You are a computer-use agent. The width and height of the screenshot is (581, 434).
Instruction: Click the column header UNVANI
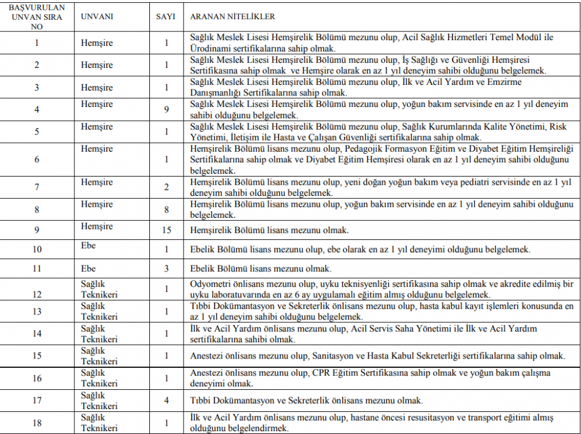click(x=97, y=17)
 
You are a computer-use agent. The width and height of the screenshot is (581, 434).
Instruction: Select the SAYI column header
click(x=166, y=17)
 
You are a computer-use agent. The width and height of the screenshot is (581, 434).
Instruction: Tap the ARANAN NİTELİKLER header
click(x=233, y=17)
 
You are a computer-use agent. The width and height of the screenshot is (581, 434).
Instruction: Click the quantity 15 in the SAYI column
click(x=166, y=230)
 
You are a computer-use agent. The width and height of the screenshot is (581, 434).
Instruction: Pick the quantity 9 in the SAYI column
click(x=166, y=109)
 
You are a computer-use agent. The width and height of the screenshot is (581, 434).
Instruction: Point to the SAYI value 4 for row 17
click(x=166, y=400)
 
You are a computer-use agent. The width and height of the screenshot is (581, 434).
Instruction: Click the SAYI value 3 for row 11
click(x=166, y=268)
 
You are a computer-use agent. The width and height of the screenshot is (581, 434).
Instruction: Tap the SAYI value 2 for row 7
click(x=166, y=187)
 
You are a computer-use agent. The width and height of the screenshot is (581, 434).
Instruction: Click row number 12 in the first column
click(x=37, y=295)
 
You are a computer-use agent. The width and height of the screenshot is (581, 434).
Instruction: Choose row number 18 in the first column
click(x=37, y=423)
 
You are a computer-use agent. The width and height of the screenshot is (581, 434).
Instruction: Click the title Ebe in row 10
click(x=88, y=246)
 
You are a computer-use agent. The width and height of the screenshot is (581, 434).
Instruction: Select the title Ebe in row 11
click(x=88, y=268)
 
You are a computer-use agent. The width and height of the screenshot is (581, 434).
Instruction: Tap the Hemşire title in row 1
click(x=97, y=43)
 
